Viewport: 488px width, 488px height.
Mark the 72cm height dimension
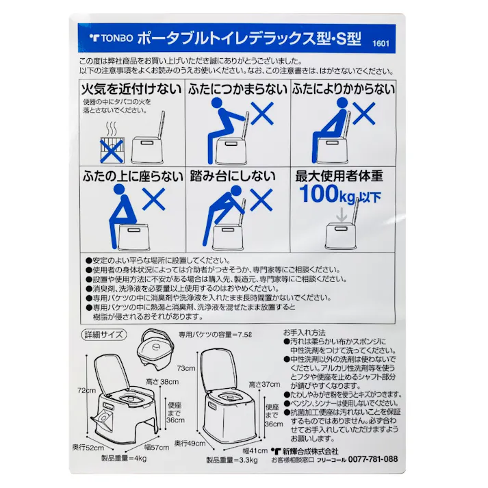point(86,390)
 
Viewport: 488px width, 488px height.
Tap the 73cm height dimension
point(186,368)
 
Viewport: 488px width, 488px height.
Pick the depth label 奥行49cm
point(190,442)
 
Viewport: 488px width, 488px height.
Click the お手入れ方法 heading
point(305,331)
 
